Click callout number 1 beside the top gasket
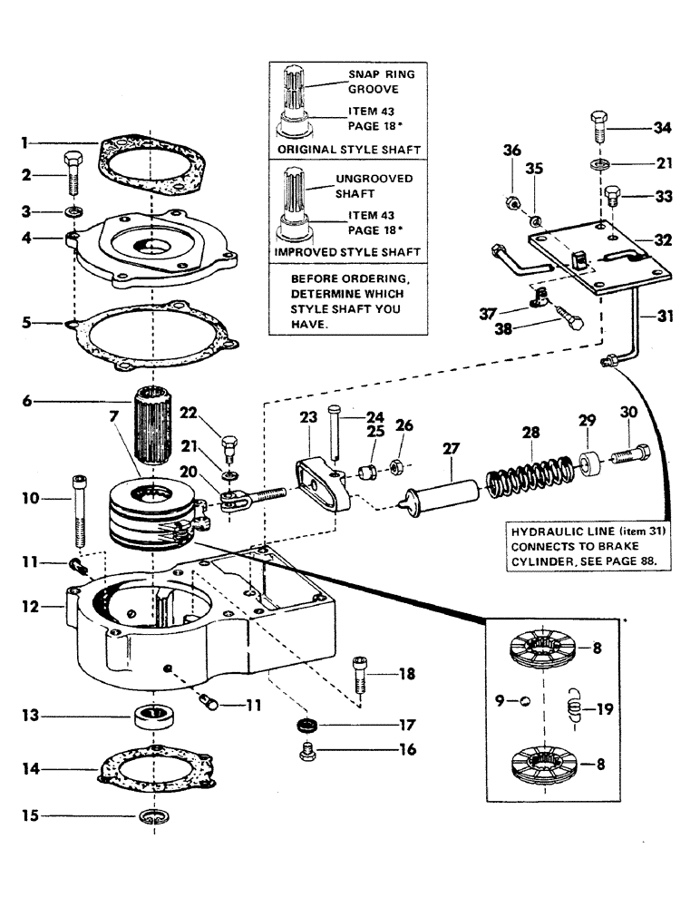point(26,142)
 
